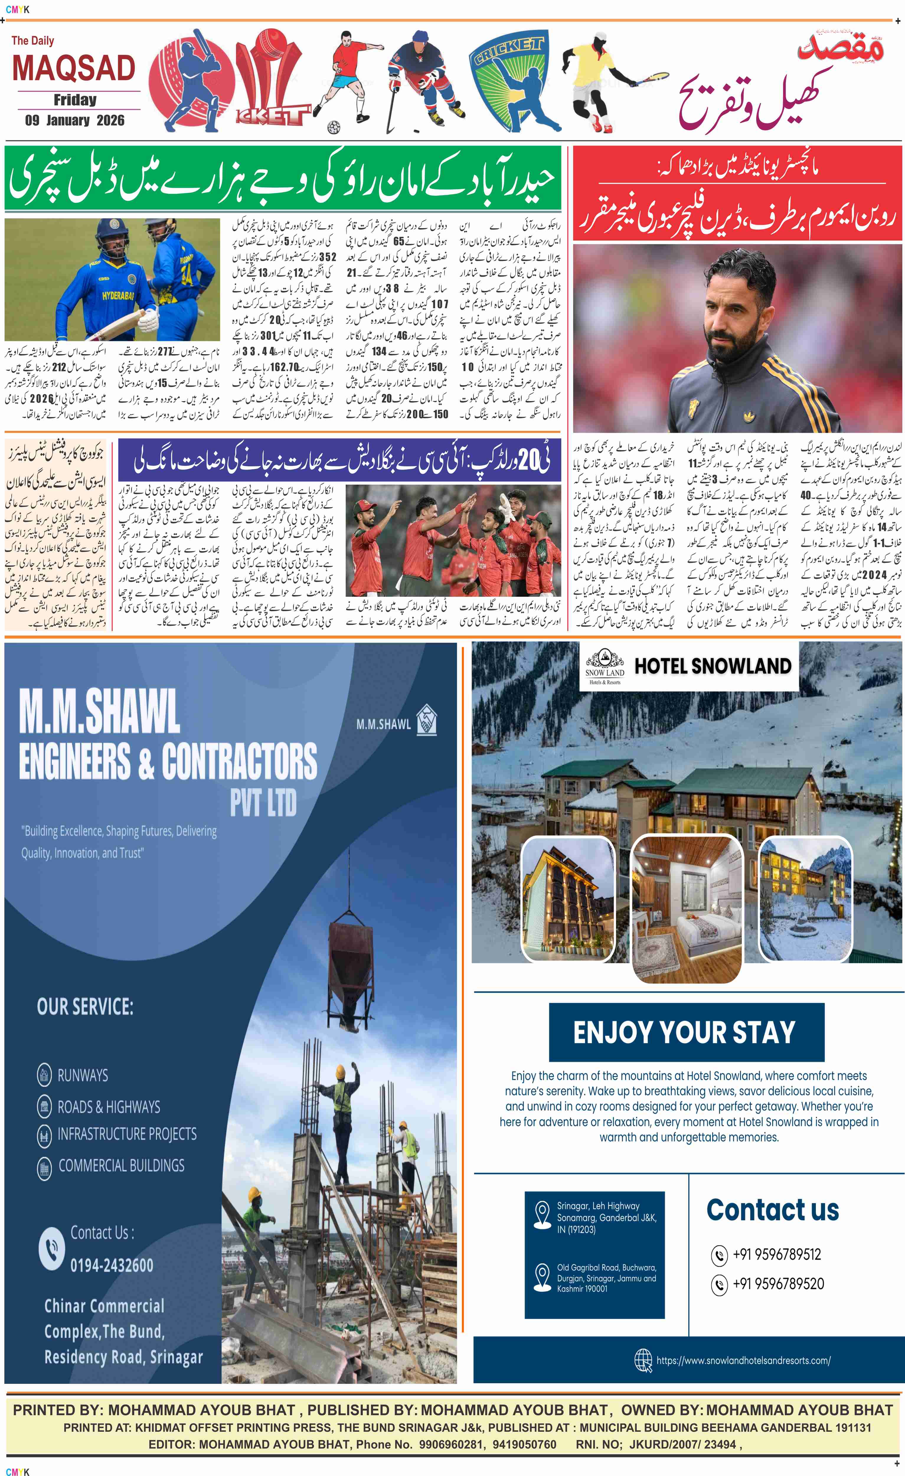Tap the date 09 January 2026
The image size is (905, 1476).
[x=75, y=120]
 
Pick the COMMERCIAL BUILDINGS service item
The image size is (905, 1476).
[x=121, y=1165]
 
